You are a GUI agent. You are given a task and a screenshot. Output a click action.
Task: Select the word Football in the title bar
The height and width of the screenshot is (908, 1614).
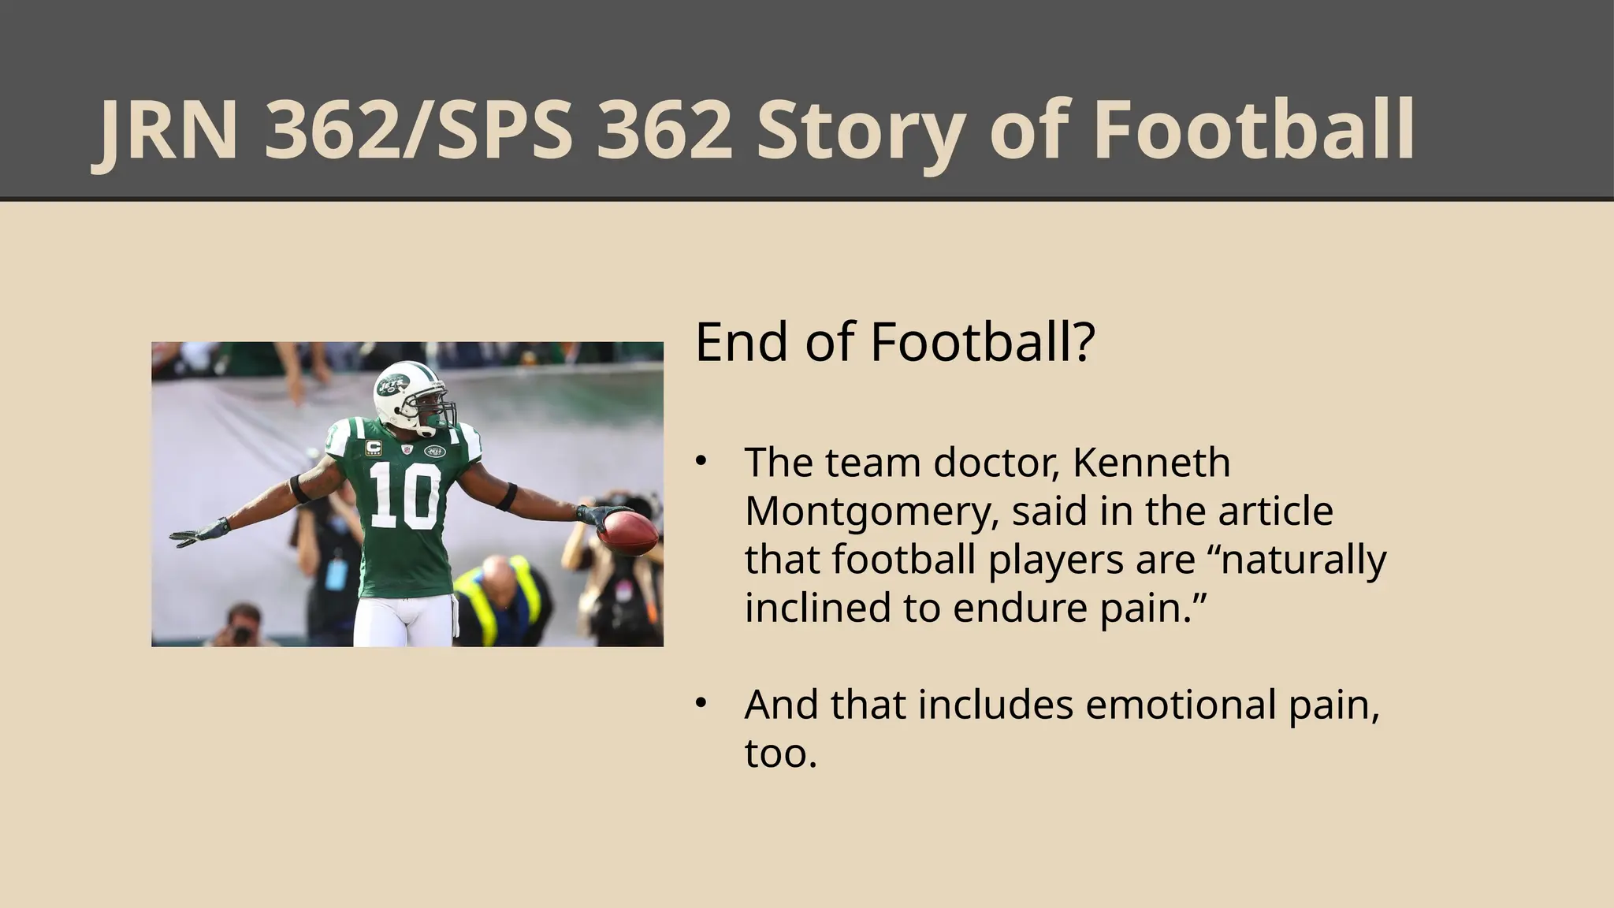1253,131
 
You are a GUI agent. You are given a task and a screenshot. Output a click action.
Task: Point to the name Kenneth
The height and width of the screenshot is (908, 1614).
1151,463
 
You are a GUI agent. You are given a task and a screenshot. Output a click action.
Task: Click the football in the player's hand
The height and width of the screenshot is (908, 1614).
628,534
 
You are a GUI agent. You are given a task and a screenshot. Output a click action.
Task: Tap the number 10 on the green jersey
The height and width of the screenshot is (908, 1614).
405,495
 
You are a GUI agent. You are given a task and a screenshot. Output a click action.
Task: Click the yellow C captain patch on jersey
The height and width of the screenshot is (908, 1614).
373,447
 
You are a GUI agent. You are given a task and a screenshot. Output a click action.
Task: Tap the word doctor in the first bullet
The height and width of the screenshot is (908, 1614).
994,463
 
